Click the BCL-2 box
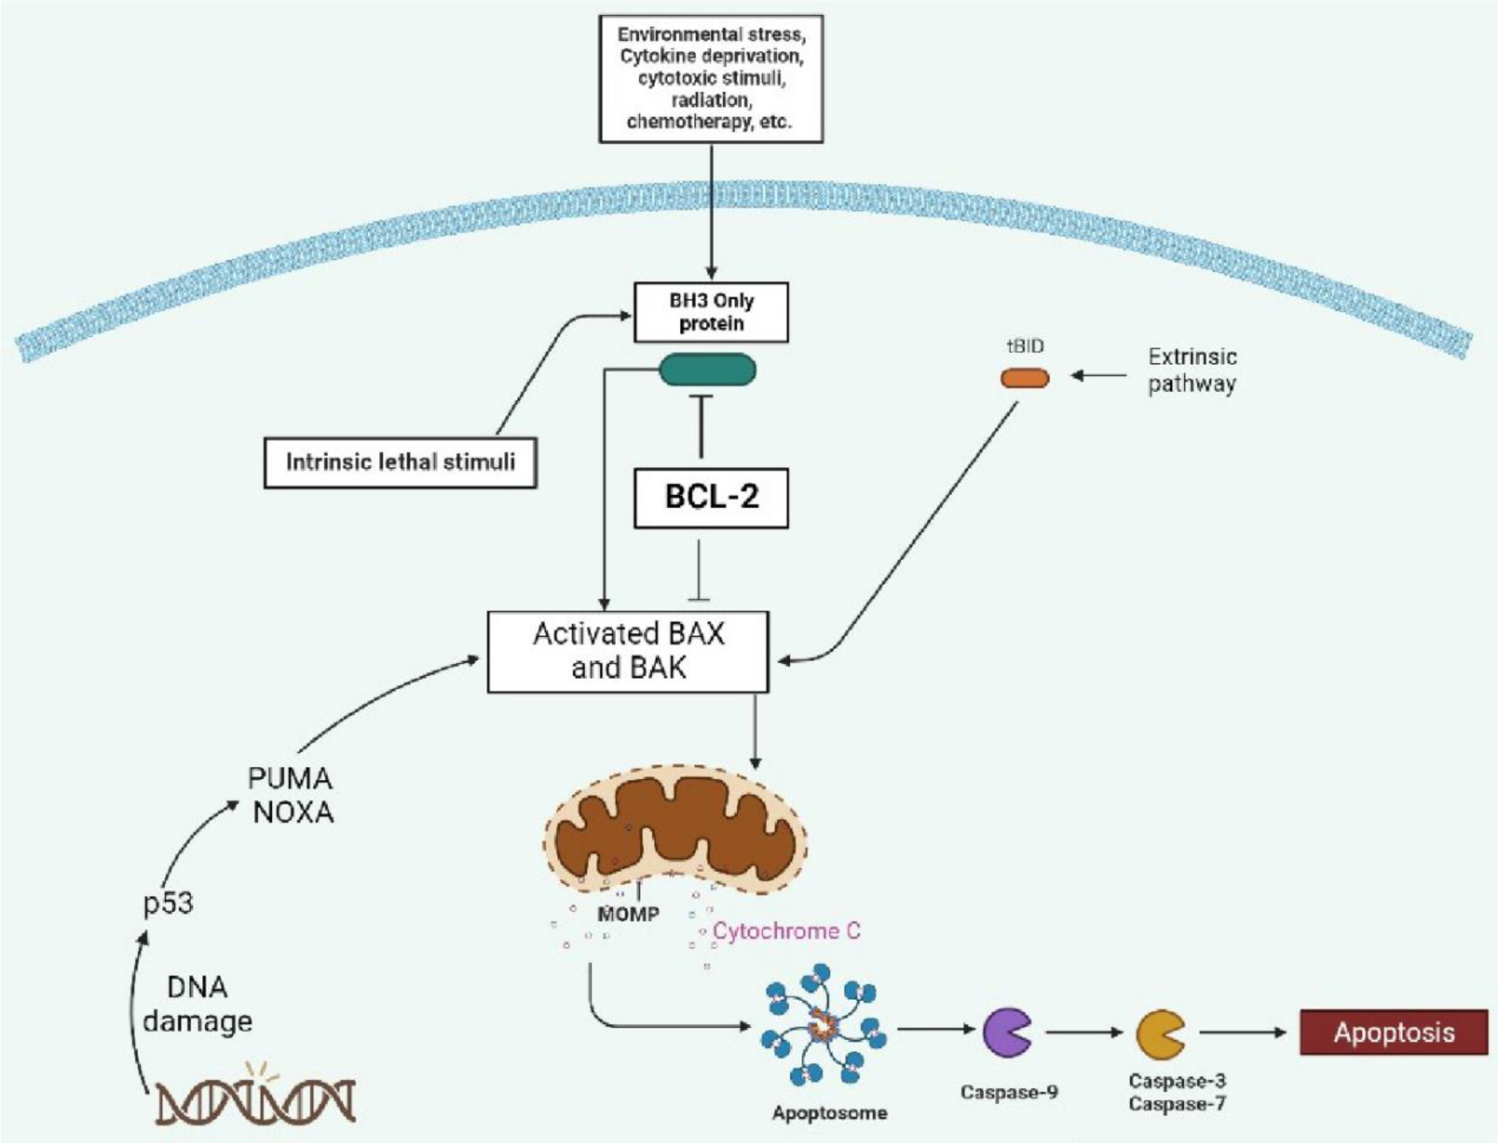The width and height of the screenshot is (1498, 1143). [x=711, y=497]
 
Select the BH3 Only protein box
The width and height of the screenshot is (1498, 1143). [x=711, y=311]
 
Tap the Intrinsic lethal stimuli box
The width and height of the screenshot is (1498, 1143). [x=400, y=462]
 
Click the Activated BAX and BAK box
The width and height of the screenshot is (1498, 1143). [x=628, y=651]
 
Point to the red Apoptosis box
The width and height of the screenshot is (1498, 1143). [x=1393, y=1033]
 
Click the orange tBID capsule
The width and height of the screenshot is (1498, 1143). [x=1024, y=378]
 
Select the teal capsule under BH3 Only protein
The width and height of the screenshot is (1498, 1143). [x=707, y=370]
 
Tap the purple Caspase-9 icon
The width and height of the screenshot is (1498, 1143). [x=1007, y=1032]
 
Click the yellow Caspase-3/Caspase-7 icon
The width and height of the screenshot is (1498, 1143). [x=1160, y=1035]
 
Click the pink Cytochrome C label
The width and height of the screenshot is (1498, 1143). [x=786, y=931]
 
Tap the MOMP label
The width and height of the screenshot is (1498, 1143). [x=628, y=914]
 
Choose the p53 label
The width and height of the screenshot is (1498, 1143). [x=167, y=903]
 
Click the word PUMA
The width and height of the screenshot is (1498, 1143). [x=289, y=777]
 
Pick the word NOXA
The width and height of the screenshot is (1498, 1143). [x=293, y=812]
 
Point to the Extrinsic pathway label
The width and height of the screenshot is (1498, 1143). [x=1192, y=370]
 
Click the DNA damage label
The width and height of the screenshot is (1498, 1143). [x=198, y=1004]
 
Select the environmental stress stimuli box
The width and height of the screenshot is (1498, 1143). [x=711, y=79]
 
